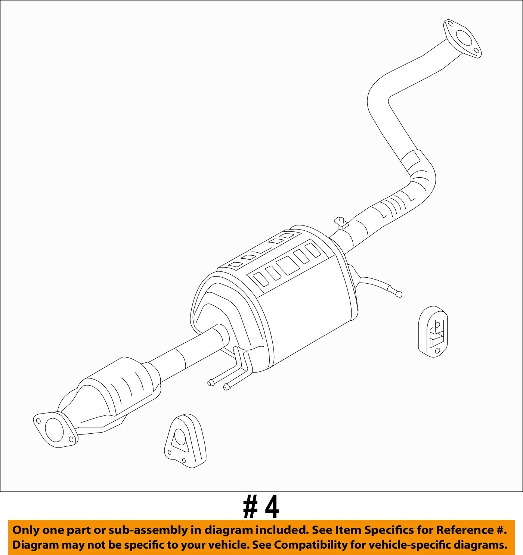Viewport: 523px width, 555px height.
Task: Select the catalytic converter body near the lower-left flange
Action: click(x=120, y=388)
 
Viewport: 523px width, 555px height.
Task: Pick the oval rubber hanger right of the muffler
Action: click(x=433, y=331)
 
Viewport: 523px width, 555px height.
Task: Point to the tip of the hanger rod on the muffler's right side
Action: click(x=399, y=294)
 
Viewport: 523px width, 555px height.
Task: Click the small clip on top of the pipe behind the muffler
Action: click(x=341, y=223)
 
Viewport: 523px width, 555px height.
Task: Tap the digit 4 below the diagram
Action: click(x=272, y=507)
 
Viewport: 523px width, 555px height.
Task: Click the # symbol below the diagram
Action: click(x=250, y=507)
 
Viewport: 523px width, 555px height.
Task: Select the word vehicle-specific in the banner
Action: click(x=401, y=545)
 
